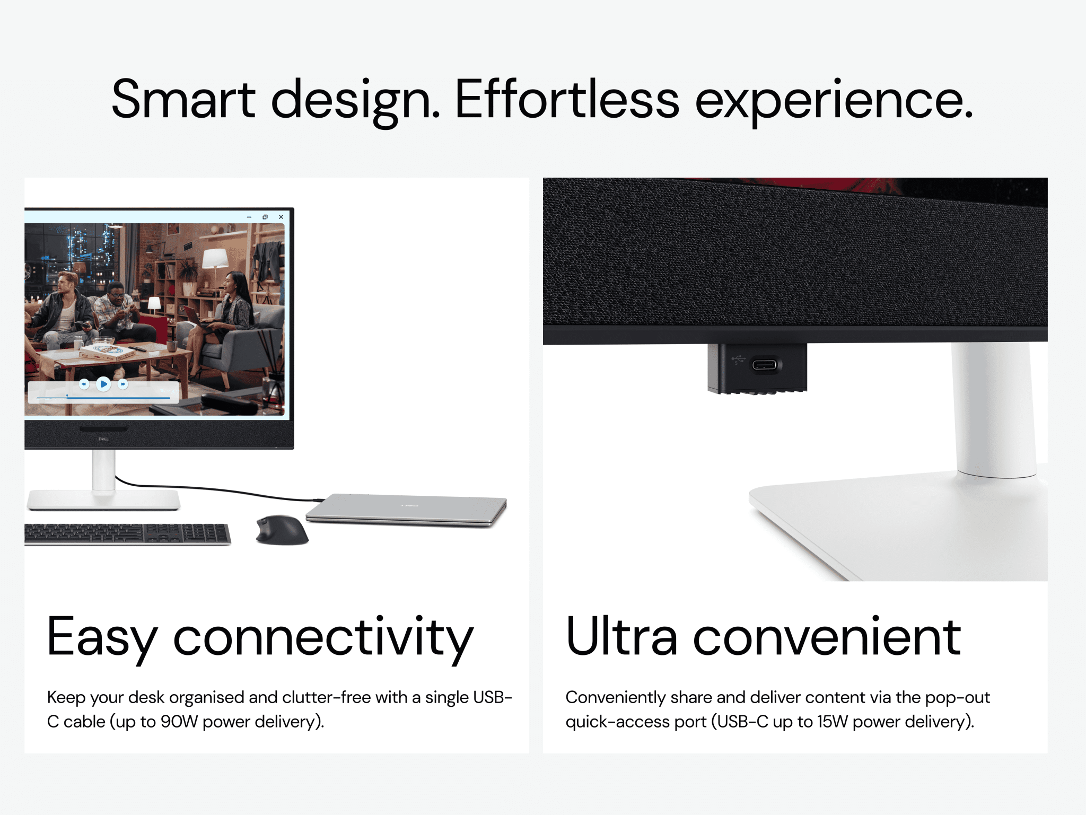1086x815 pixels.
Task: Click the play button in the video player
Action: point(103,383)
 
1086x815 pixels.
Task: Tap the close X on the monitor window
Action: point(281,217)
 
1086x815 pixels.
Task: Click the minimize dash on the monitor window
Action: point(249,217)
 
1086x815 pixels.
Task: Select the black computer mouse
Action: point(282,530)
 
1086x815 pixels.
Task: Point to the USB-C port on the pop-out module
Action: point(764,365)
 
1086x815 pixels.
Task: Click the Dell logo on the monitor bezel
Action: point(103,439)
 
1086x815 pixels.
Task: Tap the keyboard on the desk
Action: point(127,534)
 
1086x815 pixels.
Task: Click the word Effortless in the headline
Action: point(567,99)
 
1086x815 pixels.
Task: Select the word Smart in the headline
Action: point(183,99)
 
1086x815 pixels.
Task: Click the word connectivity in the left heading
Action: point(323,638)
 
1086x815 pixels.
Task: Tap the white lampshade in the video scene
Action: point(215,258)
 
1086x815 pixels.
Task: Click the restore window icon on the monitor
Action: point(265,217)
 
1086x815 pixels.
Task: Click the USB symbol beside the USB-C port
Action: point(738,360)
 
